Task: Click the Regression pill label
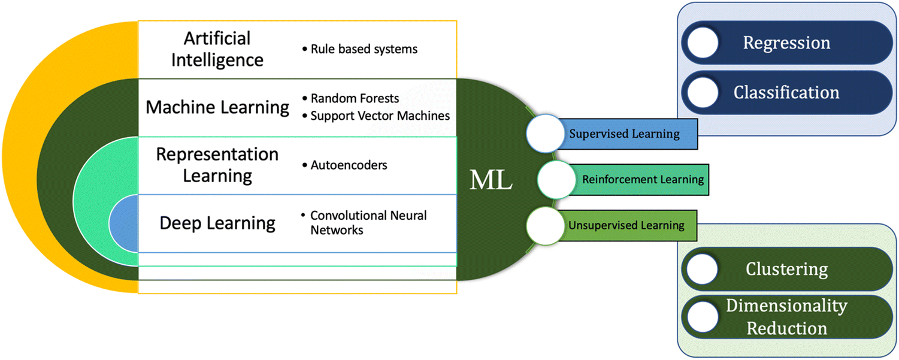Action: click(786, 43)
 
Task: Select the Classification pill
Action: click(786, 92)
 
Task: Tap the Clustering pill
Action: click(786, 269)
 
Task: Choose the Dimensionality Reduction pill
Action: click(786, 317)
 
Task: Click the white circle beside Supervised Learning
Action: click(545, 134)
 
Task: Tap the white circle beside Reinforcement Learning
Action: click(556, 179)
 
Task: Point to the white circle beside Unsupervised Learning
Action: click(545, 226)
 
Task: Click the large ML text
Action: click(491, 179)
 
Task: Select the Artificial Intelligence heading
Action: click(217, 49)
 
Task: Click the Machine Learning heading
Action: click(217, 107)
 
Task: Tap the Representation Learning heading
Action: click(217, 165)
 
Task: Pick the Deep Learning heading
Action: click(217, 223)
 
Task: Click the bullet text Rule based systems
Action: click(364, 49)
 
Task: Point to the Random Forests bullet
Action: click(355, 98)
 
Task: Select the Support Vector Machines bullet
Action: click(380, 116)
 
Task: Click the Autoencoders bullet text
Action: click(349, 165)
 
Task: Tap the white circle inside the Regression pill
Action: click(703, 43)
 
